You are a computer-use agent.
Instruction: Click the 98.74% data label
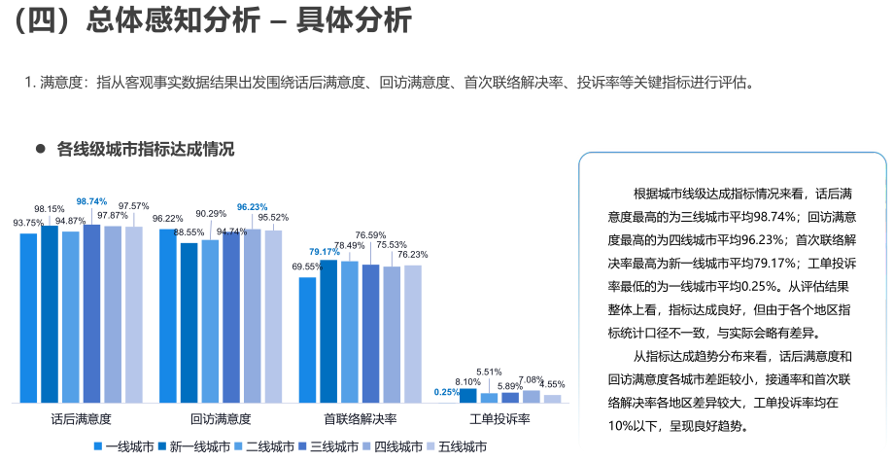(x=91, y=201)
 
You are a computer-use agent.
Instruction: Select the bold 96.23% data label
(x=252, y=207)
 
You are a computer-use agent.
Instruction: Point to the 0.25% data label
(x=447, y=392)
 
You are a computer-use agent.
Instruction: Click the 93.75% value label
(x=28, y=223)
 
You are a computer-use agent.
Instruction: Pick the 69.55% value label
(x=306, y=267)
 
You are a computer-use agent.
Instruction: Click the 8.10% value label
(x=468, y=381)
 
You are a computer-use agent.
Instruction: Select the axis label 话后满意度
(x=81, y=419)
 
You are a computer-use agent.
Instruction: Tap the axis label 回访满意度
(x=221, y=419)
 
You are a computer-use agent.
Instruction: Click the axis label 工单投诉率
(x=499, y=419)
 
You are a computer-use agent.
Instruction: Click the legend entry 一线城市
(x=129, y=446)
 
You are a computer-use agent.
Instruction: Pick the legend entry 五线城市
(x=462, y=446)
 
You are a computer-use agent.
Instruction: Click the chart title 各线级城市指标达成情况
(x=146, y=150)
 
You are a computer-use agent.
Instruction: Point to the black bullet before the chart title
(x=41, y=150)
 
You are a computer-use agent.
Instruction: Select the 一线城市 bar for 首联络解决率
(x=307, y=339)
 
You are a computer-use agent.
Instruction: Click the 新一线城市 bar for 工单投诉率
(x=468, y=395)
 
